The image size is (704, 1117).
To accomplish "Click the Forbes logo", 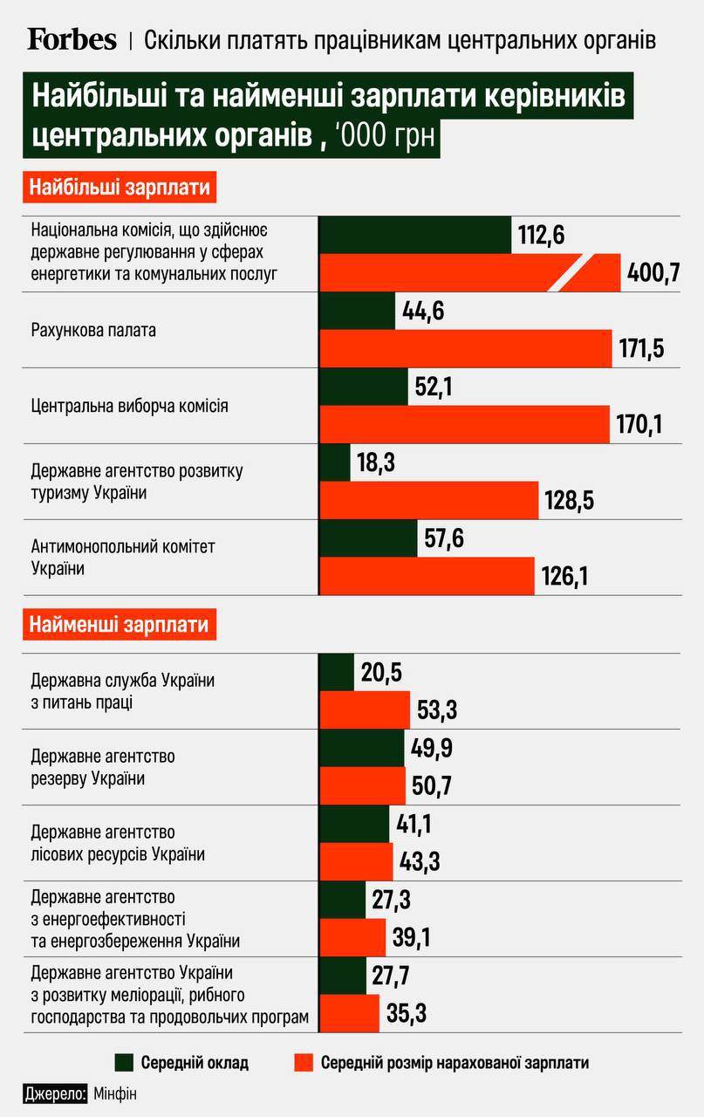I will click(72, 39).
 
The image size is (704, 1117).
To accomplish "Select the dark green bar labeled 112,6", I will click(415, 236).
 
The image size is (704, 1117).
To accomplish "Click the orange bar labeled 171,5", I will click(466, 349).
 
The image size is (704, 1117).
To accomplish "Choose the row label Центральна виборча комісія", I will click(130, 406).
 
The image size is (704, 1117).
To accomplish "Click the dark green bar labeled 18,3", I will click(335, 463).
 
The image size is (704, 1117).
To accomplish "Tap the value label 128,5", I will click(571, 501).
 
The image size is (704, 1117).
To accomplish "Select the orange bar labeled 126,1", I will click(427, 577).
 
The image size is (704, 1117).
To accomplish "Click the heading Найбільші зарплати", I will click(120, 188).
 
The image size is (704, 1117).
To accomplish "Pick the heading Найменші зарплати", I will click(120, 625).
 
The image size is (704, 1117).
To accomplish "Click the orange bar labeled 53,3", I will click(365, 709).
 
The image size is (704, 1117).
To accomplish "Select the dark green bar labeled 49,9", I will click(363, 748).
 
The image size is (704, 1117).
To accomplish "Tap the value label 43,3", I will click(420, 862).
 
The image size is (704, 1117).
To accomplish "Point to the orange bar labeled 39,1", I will click(353, 937).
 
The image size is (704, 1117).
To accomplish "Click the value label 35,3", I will click(406, 1014).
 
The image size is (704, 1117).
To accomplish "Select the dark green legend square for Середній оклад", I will click(125, 1062).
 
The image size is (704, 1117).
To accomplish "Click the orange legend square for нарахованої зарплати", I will click(304, 1062).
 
